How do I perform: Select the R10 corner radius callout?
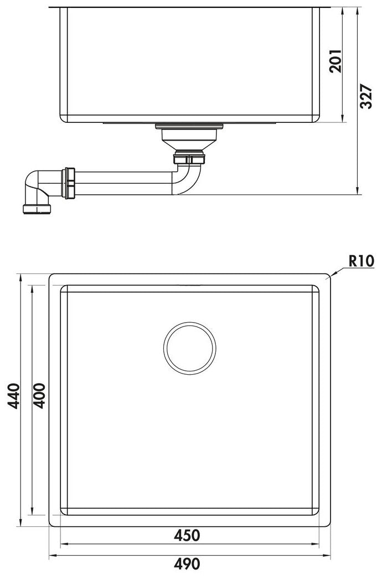coord(362,260)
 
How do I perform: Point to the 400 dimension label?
coord(40,395)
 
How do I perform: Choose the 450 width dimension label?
coord(187,535)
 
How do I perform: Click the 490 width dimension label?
coord(187,565)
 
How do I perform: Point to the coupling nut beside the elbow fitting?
coord(70,183)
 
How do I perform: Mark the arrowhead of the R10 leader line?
coord(329,275)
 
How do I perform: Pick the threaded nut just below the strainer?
coord(189,159)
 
